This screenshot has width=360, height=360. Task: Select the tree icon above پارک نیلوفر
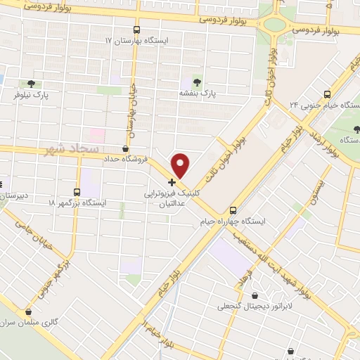click(30, 83)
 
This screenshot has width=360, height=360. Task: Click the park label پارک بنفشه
click(196, 93)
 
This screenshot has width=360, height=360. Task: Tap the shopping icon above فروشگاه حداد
click(125, 148)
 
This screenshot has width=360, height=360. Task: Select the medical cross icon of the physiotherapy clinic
click(172, 181)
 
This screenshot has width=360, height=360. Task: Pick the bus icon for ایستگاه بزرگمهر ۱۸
click(77, 191)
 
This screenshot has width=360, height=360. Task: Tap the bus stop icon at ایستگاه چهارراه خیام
click(234, 210)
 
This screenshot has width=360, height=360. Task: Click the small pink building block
click(96, 134)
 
